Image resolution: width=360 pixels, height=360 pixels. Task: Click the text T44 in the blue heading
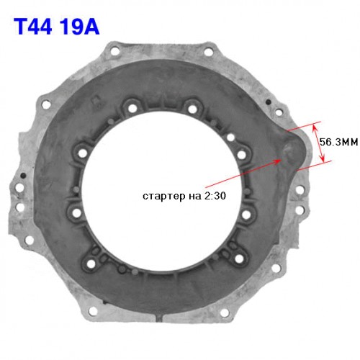point(33,27)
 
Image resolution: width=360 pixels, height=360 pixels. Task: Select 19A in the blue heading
point(80,27)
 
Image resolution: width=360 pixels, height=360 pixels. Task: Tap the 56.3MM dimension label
point(338,142)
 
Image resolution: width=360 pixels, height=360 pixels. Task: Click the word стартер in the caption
point(164,196)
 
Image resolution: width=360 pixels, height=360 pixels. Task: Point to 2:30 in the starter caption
point(215,196)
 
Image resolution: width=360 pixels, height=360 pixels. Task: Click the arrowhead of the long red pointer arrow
point(279,161)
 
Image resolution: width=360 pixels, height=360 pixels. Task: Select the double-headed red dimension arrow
point(318,143)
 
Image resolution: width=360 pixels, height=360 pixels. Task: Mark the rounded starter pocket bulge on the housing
point(292,150)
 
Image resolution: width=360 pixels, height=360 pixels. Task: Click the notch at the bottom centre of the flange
point(160,318)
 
